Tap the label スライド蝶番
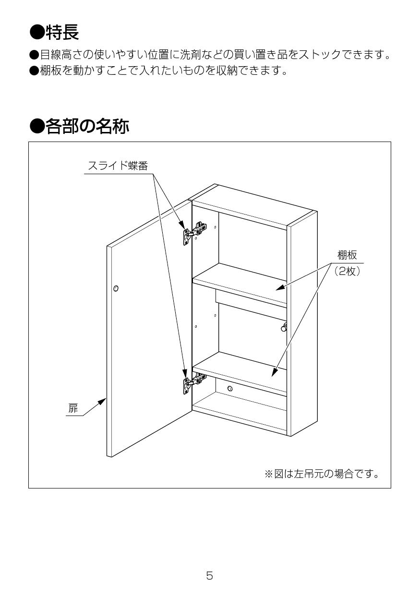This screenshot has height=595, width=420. [118, 166]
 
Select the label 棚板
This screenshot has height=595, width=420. [347, 255]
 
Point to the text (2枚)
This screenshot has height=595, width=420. [347, 271]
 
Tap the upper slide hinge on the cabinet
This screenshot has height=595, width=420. [194, 233]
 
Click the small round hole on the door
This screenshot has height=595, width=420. [116, 288]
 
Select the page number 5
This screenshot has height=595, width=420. [210, 575]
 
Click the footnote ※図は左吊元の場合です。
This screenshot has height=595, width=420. [322, 475]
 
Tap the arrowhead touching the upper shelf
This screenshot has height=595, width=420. [279, 288]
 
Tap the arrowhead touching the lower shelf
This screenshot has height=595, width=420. [275, 372]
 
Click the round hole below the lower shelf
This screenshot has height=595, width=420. [230, 388]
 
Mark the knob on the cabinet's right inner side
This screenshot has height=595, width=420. [284, 327]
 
